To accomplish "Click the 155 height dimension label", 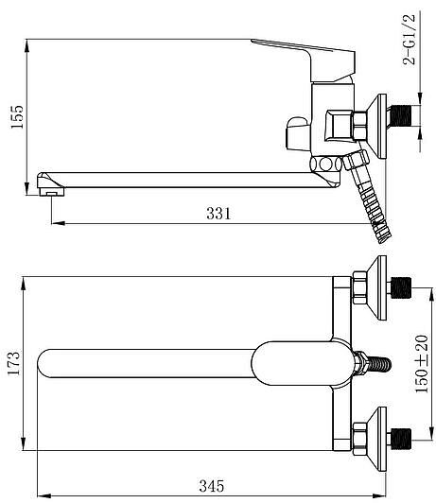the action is coord(17,116).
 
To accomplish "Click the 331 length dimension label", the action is coord(218,214).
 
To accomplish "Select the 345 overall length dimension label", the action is coord(212,486).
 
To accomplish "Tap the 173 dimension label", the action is coord(13,363).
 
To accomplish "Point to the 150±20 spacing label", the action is coord(422,363).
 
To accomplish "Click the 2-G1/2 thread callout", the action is coord(410,40).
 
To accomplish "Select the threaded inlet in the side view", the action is coord(402,115).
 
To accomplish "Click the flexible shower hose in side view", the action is coord(369,198).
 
